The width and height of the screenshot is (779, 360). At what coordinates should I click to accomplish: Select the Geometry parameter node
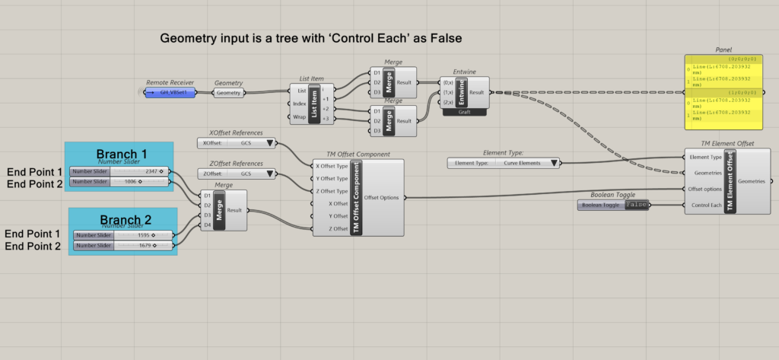point(228,93)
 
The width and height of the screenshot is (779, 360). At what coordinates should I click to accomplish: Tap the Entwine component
point(465,92)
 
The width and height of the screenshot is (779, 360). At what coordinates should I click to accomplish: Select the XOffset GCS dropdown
point(237,143)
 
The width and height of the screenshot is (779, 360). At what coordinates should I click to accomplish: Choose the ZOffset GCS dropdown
point(237,174)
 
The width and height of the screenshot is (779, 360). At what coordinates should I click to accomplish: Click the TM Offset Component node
point(358,197)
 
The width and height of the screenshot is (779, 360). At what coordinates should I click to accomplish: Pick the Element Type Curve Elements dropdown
point(504,162)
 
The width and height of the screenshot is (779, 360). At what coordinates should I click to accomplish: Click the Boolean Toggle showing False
point(613,205)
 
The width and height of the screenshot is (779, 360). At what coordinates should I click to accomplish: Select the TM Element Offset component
point(729,181)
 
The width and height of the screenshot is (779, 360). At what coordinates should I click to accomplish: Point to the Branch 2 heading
point(124,221)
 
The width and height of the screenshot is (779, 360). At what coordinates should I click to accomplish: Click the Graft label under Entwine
point(466,112)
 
